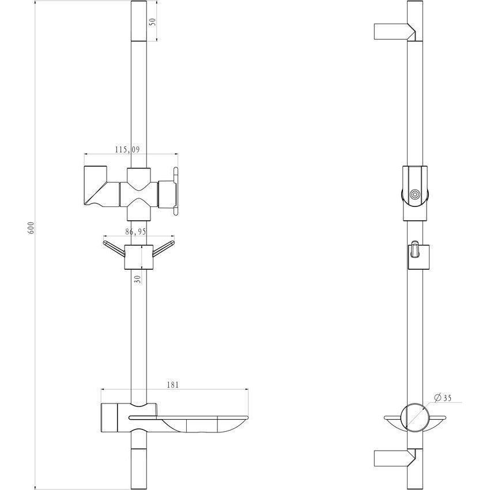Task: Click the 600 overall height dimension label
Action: (31, 228)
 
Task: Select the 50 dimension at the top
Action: (153, 22)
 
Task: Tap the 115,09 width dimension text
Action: (127, 149)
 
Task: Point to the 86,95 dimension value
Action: (135, 232)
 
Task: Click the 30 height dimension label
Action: (138, 279)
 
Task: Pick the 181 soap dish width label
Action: (173, 385)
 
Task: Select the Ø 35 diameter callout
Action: (443, 398)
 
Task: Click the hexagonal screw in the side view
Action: (415, 194)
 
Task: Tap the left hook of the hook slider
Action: (114, 248)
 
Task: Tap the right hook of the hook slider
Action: (164, 248)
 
